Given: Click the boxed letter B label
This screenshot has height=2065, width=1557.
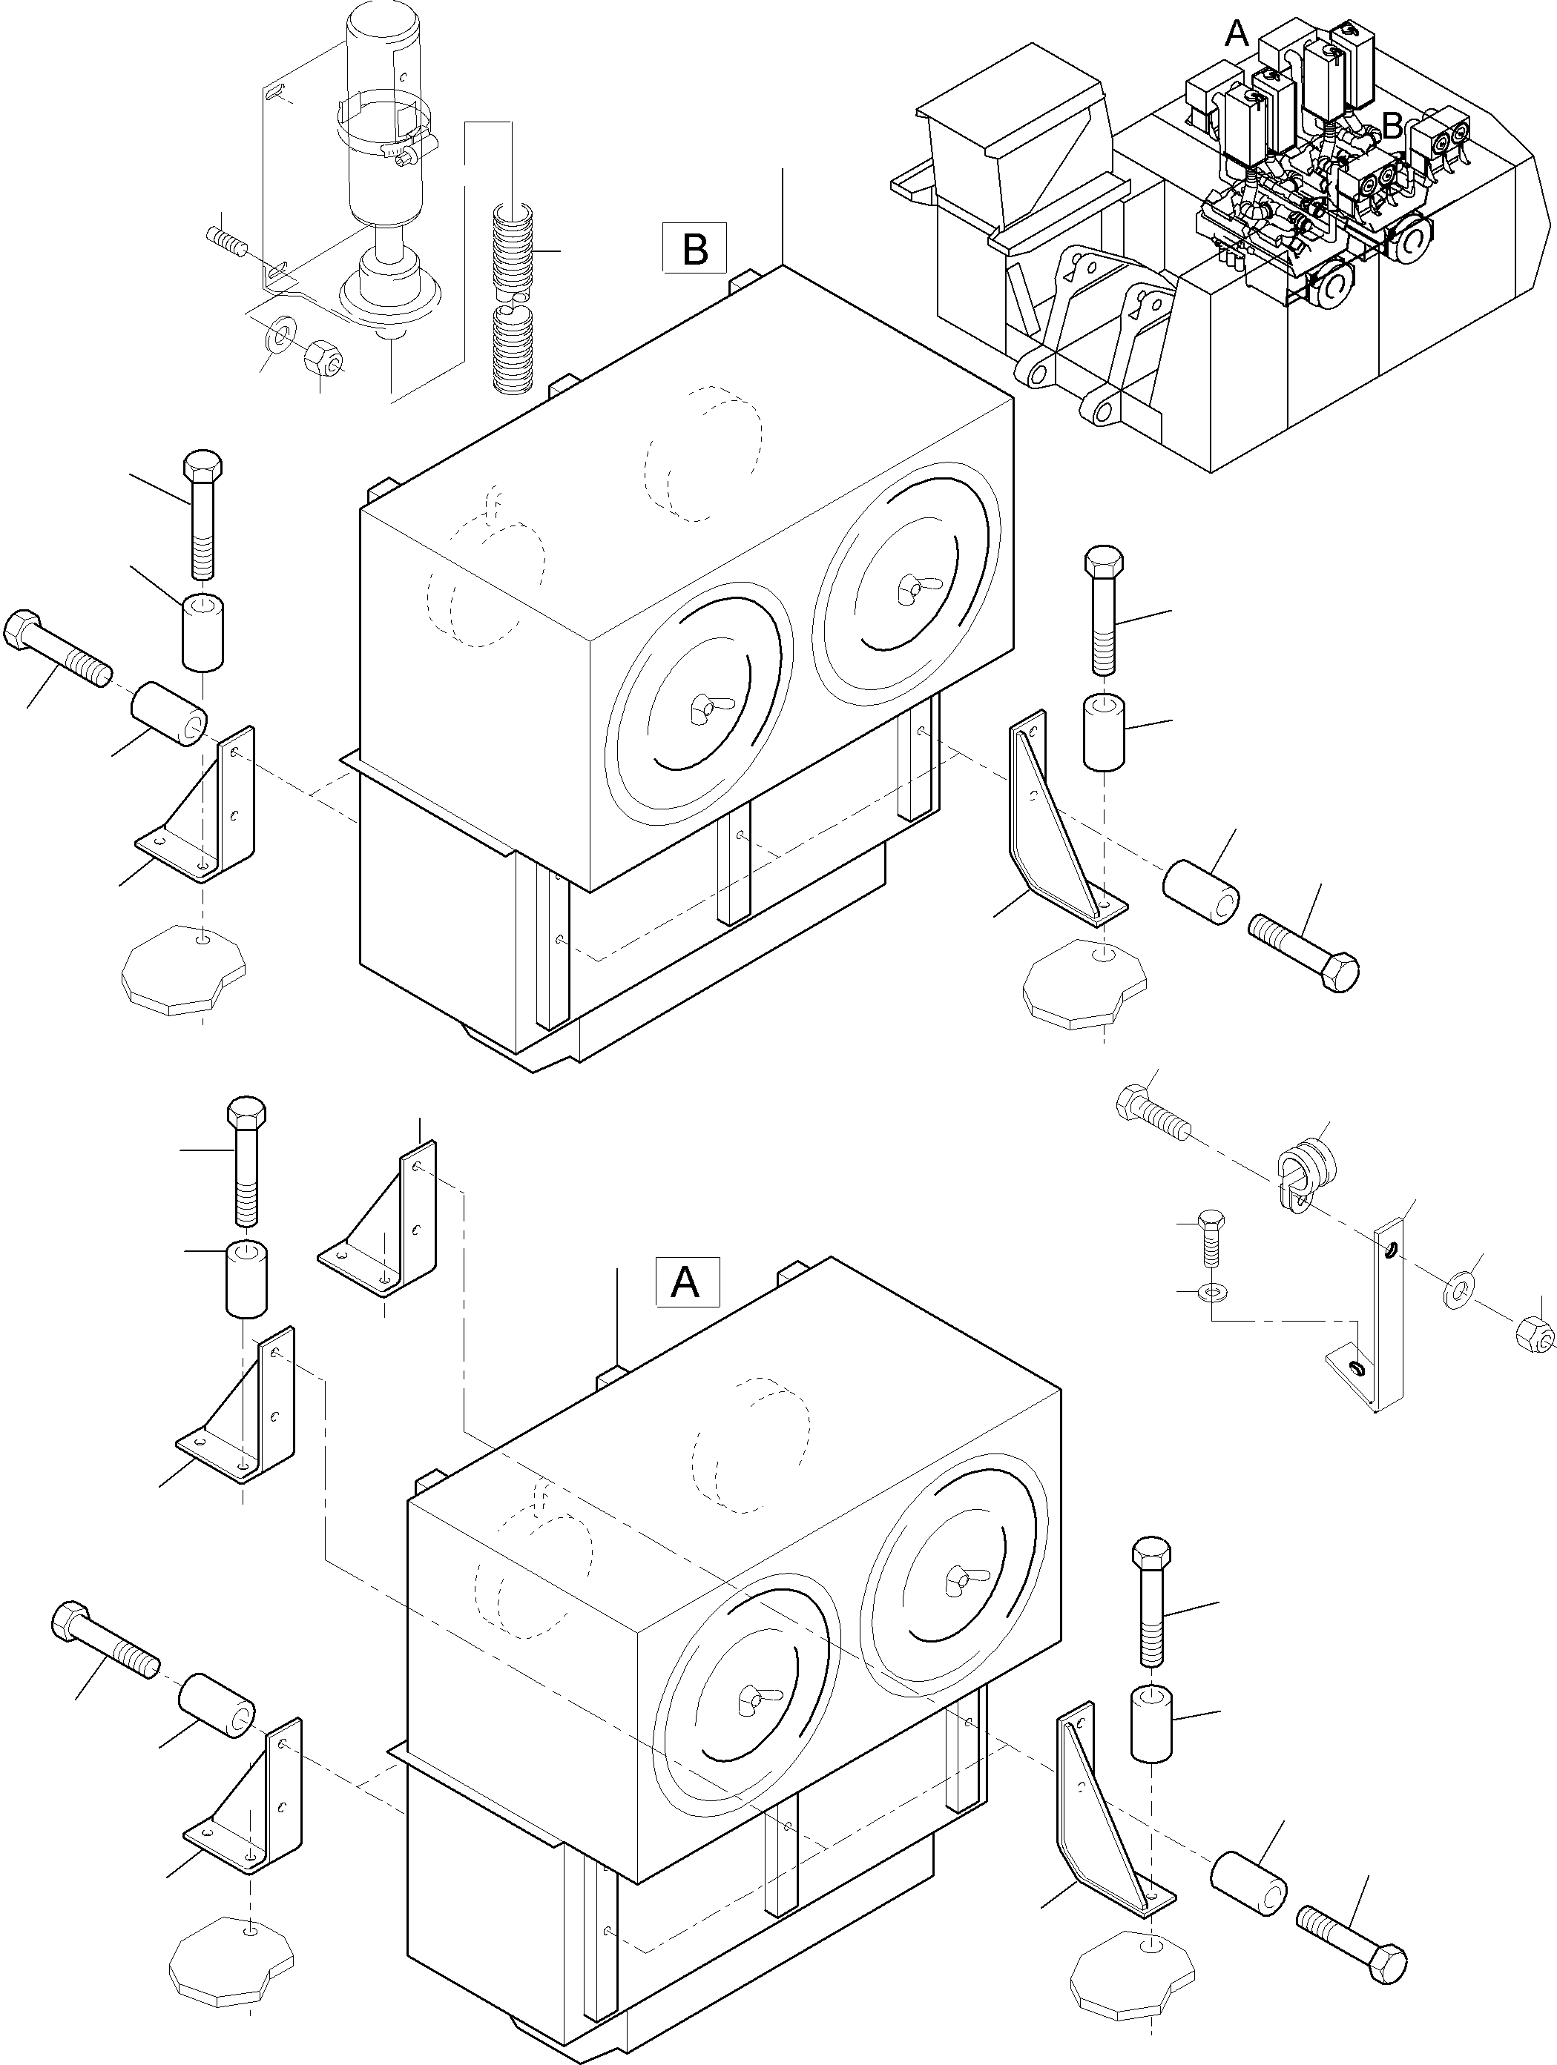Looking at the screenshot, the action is point(694,248).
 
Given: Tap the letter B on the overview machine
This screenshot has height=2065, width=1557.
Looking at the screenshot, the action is point(1392,125).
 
